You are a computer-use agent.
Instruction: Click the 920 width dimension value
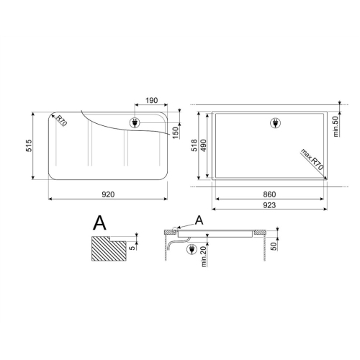pos(108,194)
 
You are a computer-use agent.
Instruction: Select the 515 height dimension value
pos(29,145)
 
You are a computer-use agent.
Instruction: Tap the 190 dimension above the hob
pos(152,100)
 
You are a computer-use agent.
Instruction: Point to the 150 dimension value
pos(176,132)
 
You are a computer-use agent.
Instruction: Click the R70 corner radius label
pos(61,120)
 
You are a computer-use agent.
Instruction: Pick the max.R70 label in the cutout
pos(312,160)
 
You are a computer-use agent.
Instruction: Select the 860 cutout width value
pos(269,194)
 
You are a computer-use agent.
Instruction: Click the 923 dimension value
pos(269,205)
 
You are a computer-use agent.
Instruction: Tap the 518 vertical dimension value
pos(194,145)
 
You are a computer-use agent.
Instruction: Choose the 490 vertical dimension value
pos(204,145)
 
